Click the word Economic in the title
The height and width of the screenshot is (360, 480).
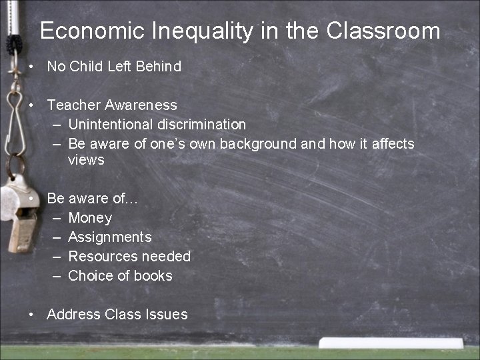(x=92, y=31)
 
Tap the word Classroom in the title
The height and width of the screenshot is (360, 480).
(x=383, y=31)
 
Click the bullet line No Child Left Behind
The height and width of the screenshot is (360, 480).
(x=114, y=66)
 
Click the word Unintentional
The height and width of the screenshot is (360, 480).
(x=111, y=124)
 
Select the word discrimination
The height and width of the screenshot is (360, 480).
(x=202, y=124)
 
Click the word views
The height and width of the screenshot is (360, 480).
(x=86, y=160)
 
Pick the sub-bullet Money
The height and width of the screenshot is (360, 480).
(x=90, y=218)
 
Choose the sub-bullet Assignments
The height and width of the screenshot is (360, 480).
(x=110, y=237)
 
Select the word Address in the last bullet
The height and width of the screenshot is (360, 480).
(x=73, y=315)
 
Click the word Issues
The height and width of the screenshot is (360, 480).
(x=167, y=315)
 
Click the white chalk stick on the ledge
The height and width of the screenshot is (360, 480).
(x=390, y=343)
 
